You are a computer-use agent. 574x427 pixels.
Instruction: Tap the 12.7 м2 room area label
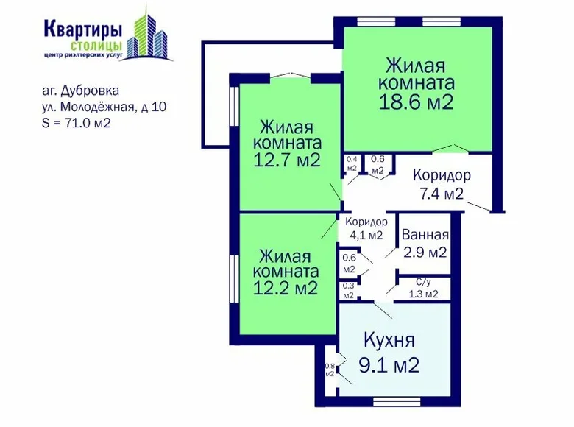point(286,160)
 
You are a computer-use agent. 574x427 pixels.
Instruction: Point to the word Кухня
point(389,341)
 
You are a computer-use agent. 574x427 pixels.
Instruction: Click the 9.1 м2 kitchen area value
point(390,364)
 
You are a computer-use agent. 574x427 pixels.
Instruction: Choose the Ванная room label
point(425,236)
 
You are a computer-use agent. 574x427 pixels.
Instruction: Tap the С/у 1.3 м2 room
point(423,288)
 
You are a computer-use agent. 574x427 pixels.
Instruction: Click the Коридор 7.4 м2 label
point(441,185)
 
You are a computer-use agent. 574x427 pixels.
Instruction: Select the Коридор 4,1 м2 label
point(366,228)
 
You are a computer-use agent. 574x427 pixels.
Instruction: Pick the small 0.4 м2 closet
point(352,164)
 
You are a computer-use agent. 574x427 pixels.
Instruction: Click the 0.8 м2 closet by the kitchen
point(329,369)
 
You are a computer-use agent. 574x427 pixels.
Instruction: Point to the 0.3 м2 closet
point(349,290)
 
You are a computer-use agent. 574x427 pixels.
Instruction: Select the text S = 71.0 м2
point(77,123)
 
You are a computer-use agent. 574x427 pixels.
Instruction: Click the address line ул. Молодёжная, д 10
point(104,107)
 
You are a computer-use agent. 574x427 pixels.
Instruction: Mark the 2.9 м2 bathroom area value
point(425,253)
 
